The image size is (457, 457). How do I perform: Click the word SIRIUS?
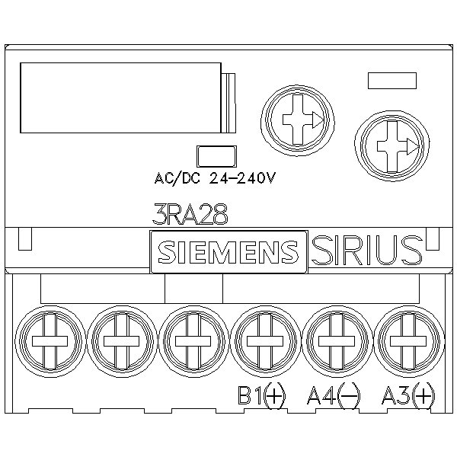tap(366, 250)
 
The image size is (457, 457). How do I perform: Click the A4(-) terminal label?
tap(333, 395)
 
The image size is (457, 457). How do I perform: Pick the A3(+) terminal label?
tap(407, 395)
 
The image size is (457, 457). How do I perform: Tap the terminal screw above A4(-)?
tap(336, 340)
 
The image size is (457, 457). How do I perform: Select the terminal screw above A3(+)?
tap(407, 340)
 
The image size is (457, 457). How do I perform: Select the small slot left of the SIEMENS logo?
tap(24, 239)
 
